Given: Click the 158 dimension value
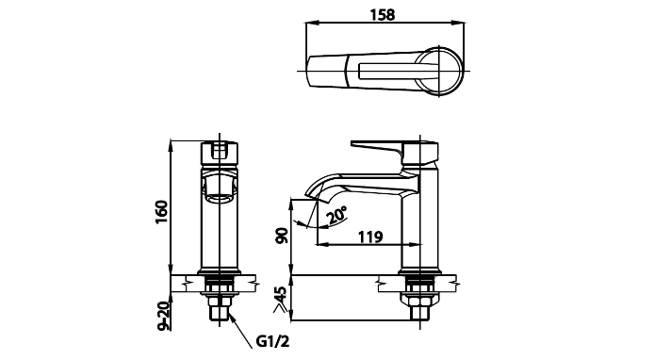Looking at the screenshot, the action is click(x=382, y=14).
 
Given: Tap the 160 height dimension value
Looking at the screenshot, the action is click(x=162, y=212).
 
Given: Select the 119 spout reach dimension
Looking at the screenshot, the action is click(x=370, y=237).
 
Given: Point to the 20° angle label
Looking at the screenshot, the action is click(x=336, y=215).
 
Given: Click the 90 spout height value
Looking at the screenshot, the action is click(x=282, y=236).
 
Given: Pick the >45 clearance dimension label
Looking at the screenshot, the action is click(x=280, y=299).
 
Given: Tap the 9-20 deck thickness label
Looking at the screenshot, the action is click(x=164, y=316).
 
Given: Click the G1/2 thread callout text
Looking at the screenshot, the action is click(x=272, y=341).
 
